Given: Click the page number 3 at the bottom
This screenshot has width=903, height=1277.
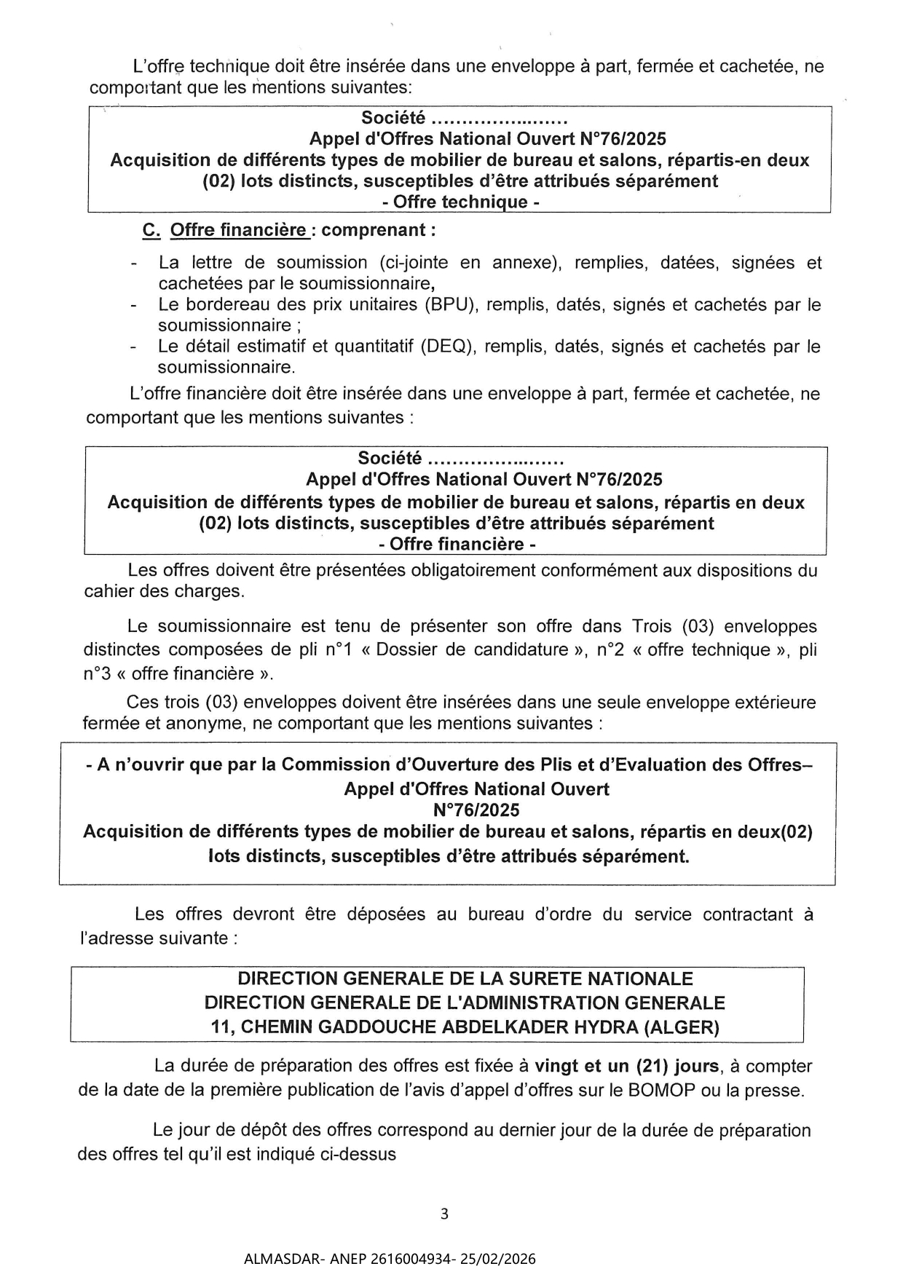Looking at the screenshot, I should (445, 1214).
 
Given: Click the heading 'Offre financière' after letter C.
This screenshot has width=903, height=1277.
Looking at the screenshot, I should (238, 230).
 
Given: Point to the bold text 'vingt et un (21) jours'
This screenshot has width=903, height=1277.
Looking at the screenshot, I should (628, 1066).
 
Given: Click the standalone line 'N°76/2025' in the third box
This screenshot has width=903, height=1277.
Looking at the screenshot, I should (476, 810).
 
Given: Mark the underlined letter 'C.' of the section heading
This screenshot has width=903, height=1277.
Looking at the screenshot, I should (151, 230).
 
